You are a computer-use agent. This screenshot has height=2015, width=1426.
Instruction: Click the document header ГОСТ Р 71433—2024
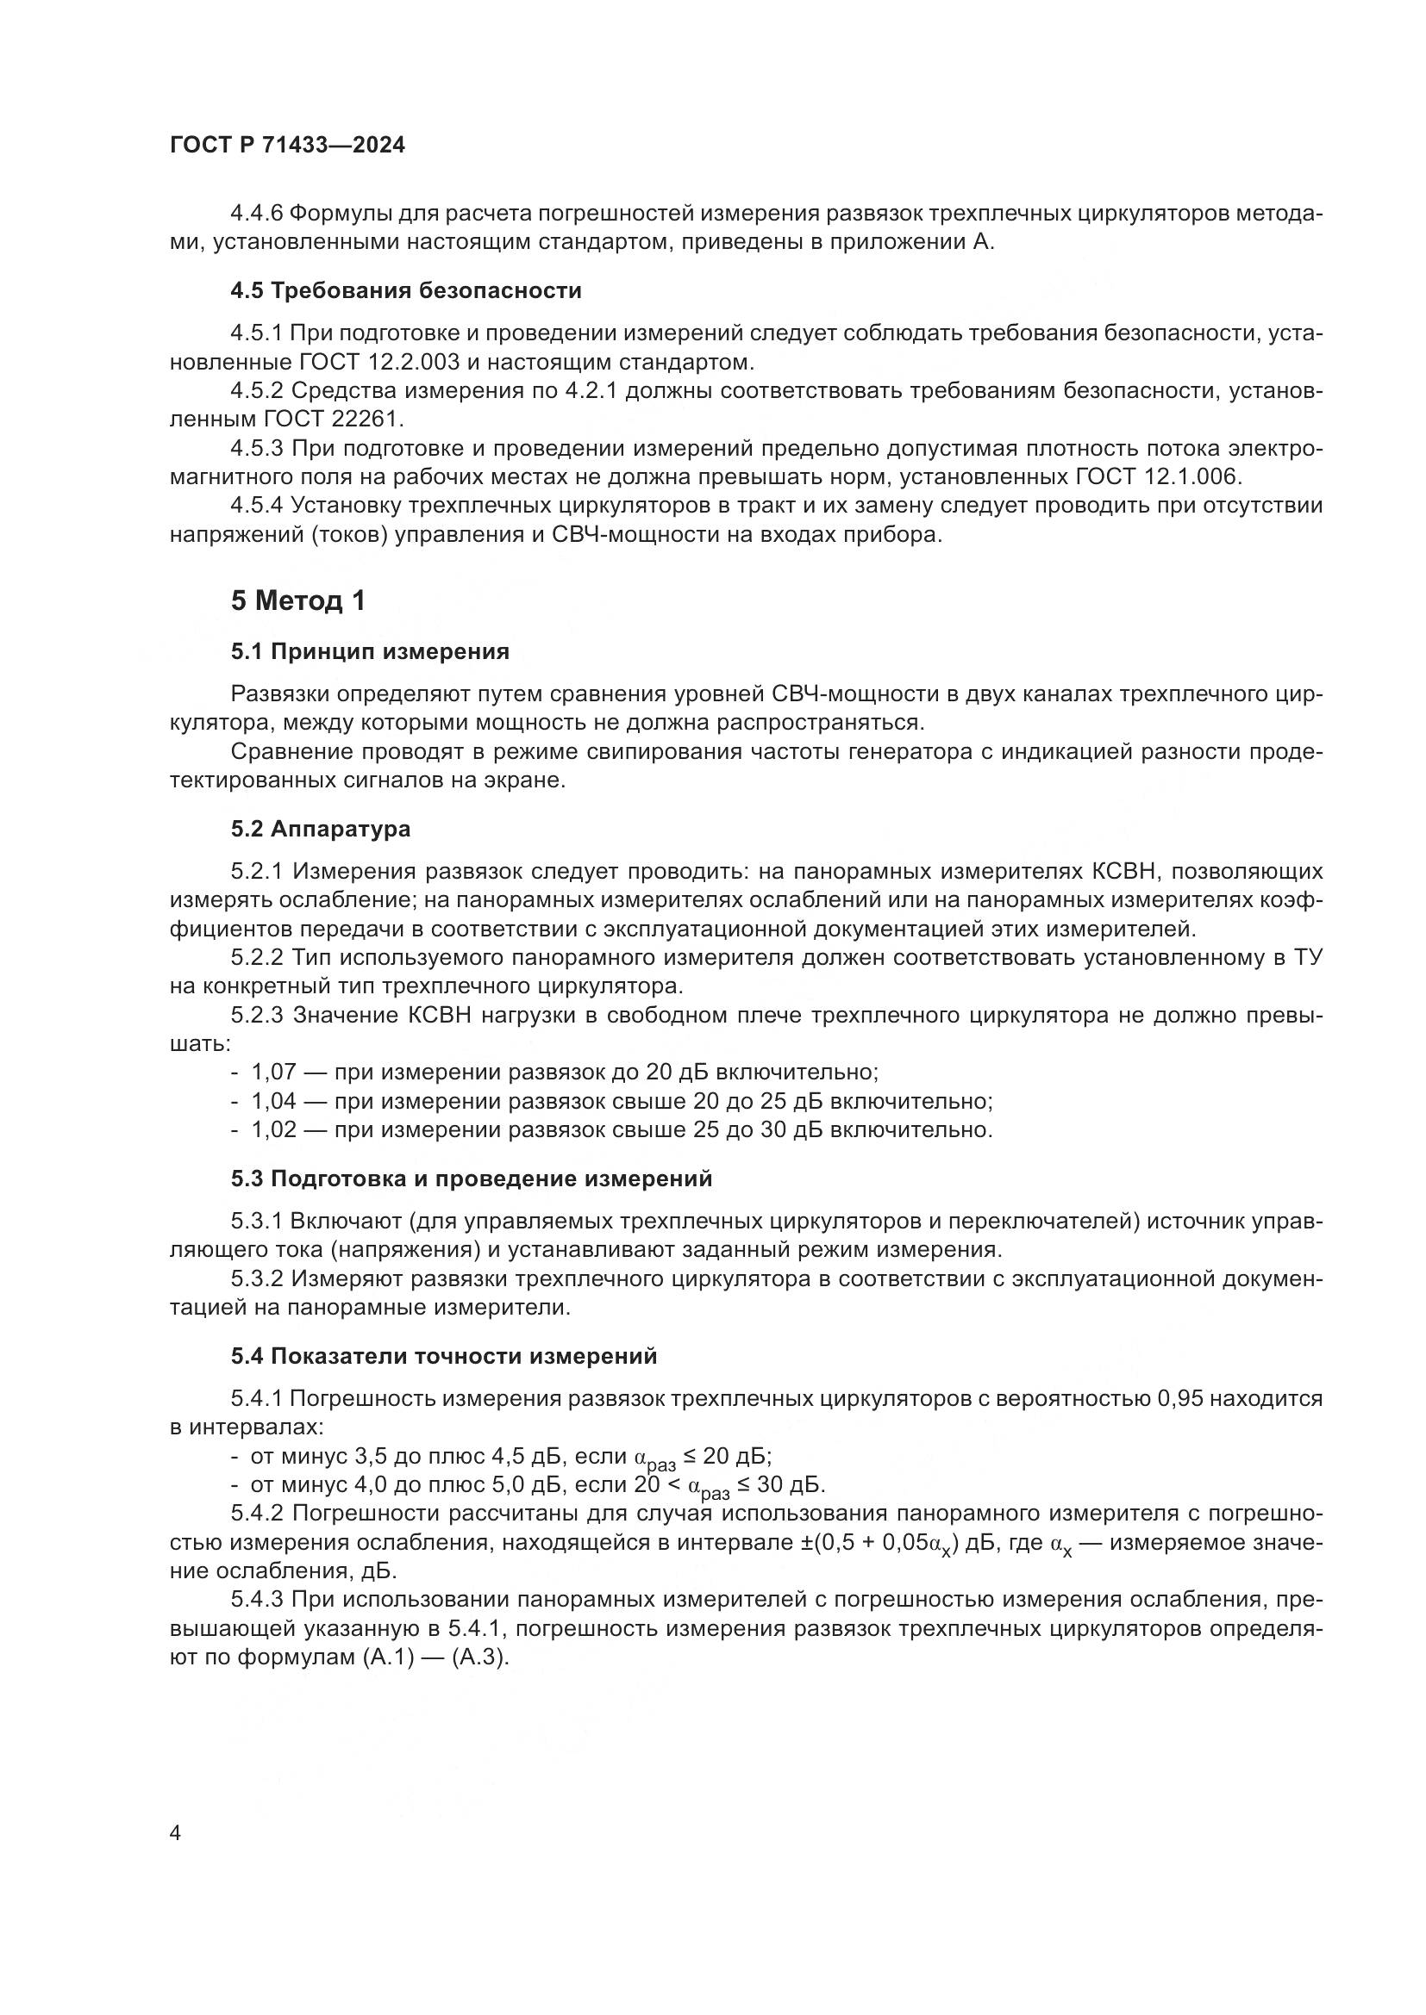click(287, 146)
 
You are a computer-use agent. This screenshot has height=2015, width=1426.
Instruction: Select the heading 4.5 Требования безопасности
click(406, 290)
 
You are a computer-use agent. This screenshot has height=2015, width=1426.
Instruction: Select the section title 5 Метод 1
click(297, 601)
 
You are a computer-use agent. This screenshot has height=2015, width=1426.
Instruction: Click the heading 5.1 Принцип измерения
click(370, 651)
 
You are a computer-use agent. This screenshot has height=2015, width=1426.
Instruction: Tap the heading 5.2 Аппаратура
click(321, 829)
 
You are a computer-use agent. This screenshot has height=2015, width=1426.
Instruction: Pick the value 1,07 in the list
click(274, 1073)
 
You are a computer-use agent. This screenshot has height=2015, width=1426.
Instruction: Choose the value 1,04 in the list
click(274, 1102)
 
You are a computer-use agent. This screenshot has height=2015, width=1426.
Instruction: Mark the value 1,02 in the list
click(274, 1130)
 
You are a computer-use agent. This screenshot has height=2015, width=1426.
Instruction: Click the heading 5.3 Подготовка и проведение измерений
click(472, 1179)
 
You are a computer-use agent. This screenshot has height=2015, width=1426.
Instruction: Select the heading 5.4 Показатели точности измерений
click(443, 1357)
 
